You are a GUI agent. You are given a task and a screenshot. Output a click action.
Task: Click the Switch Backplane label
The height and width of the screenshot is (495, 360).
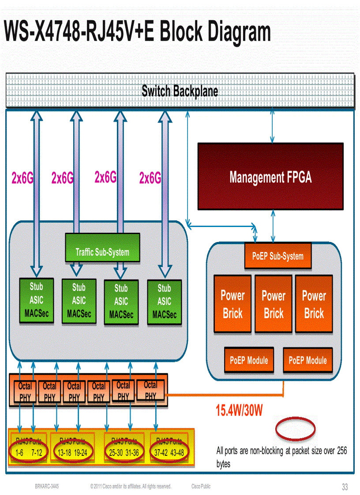point(180,91)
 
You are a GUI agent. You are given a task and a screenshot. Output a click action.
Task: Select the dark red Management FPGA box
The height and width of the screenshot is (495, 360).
point(270,176)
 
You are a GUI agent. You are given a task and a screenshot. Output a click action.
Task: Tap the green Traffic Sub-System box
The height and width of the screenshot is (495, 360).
point(102,252)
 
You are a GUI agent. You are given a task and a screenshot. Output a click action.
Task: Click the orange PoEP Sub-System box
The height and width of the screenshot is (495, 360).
point(277,256)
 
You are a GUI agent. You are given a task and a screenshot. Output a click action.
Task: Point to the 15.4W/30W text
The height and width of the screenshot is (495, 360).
point(239,411)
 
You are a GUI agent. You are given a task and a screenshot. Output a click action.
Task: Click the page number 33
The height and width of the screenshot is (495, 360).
point(345,487)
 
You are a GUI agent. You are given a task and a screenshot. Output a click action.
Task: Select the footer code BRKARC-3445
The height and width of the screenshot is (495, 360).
point(47,486)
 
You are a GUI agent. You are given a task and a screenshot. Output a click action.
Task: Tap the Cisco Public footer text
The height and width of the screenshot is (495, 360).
point(201,486)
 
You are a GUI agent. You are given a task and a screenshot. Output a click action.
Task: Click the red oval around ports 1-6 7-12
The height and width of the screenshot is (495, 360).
point(28,452)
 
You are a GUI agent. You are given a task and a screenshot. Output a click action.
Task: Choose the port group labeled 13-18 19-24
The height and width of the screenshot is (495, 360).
point(72,452)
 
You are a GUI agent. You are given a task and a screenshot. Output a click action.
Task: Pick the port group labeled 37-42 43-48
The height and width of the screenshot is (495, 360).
point(169,452)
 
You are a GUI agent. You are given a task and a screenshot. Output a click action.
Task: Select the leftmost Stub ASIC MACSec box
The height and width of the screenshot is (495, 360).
point(36,301)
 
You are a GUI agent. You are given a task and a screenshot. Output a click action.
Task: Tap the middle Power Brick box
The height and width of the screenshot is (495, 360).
point(274,304)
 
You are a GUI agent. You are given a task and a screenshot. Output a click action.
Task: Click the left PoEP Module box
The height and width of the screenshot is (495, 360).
point(249,360)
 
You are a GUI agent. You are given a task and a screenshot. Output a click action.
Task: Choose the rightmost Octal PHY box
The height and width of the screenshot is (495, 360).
point(150,390)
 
